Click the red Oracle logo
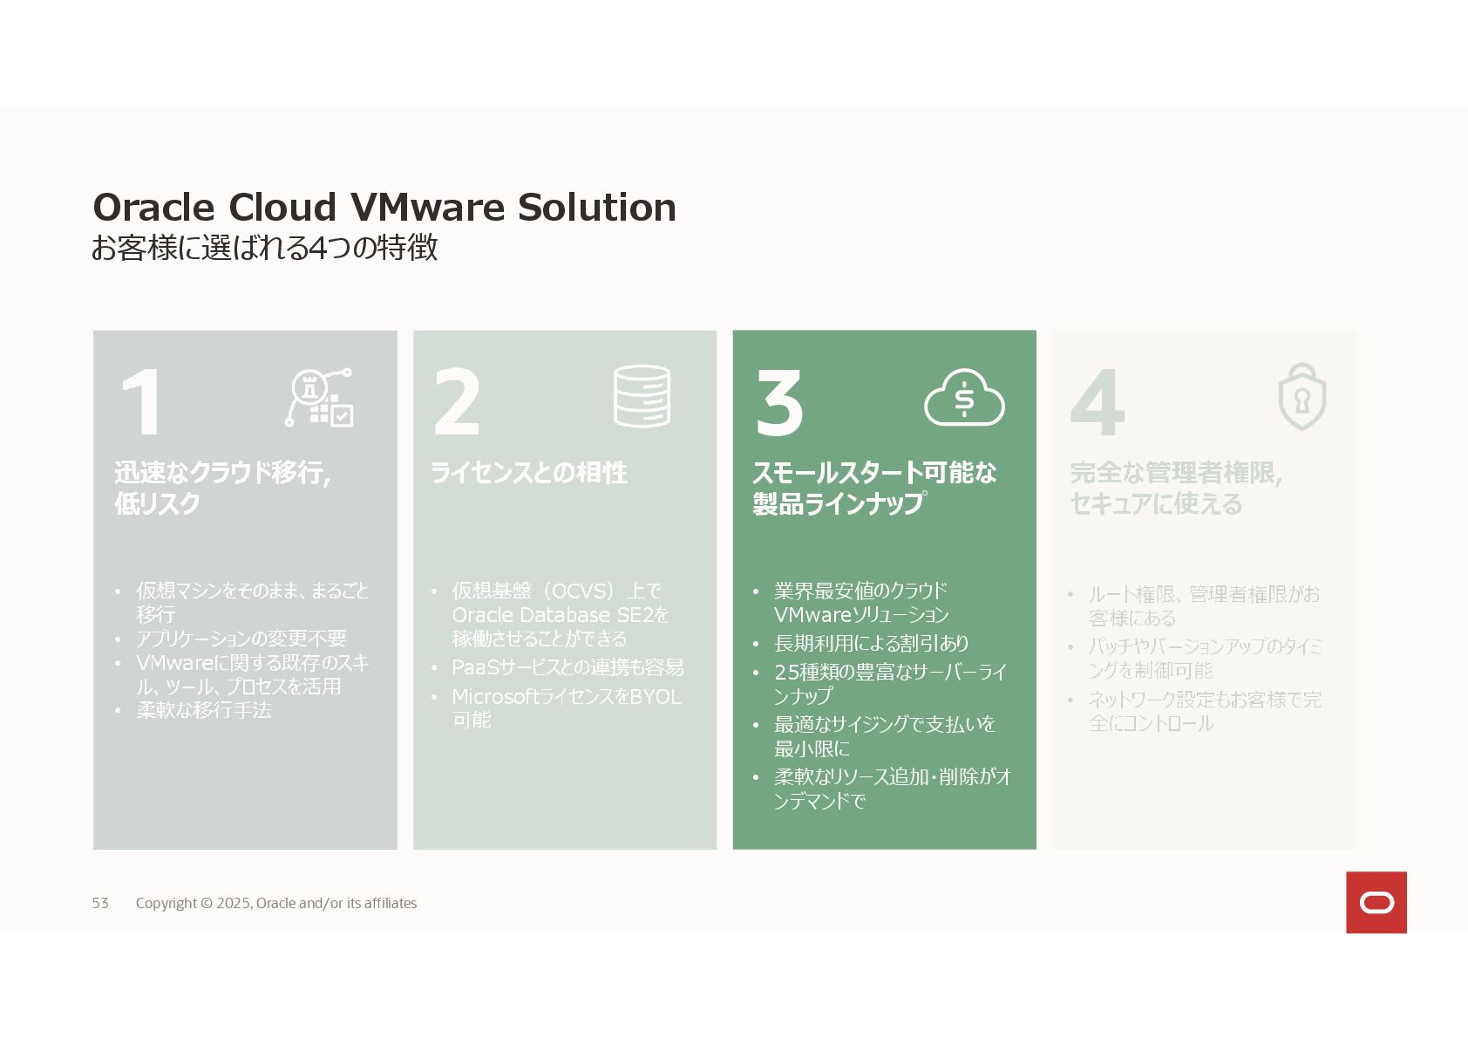click(x=1376, y=902)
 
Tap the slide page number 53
click(x=100, y=903)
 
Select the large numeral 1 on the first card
click(x=142, y=402)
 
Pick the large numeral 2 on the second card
click(x=456, y=402)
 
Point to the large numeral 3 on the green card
click(x=778, y=402)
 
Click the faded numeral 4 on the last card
click(x=1098, y=402)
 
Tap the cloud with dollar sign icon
click(x=963, y=398)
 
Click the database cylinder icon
click(x=642, y=396)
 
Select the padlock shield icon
click(x=1301, y=397)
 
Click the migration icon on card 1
click(x=319, y=398)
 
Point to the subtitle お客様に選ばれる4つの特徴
click(x=264, y=248)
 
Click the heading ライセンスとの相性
click(x=529, y=473)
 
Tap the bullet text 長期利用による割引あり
click(x=871, y=643)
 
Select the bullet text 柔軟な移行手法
click(x=204, y=710)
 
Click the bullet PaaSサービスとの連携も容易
click(x=567, y=667)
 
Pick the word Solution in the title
click(x=596, y=208)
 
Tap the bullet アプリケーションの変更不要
click(x=241, y=639)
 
